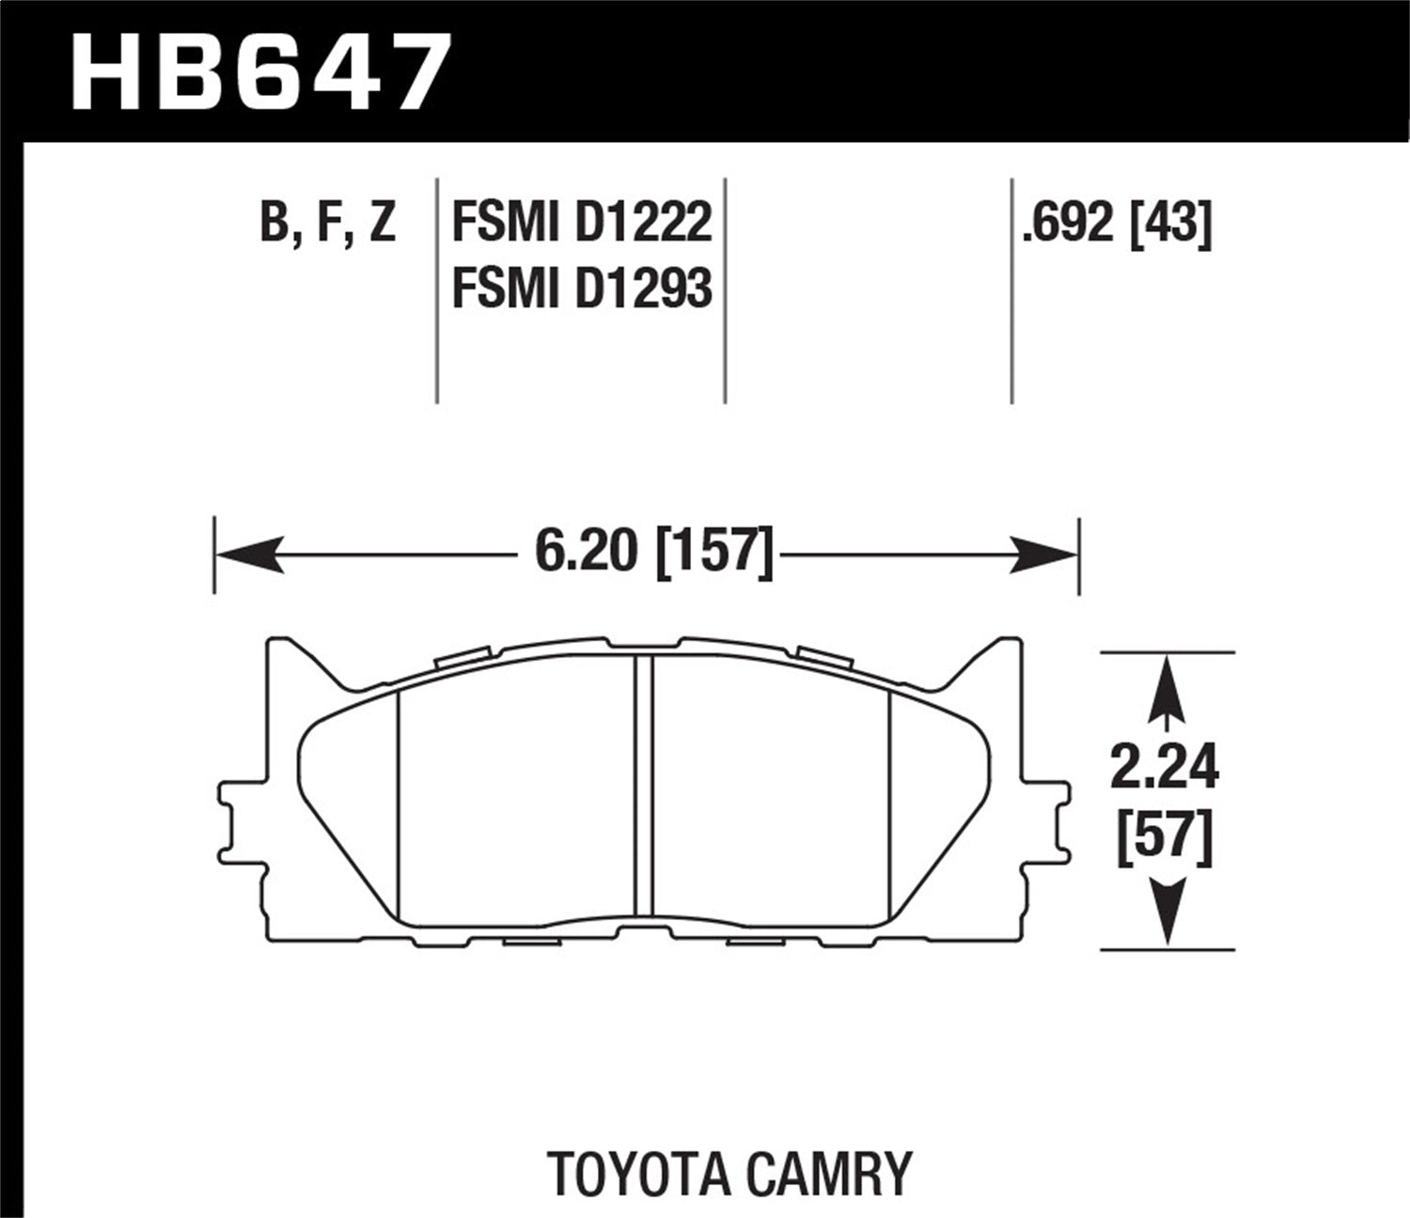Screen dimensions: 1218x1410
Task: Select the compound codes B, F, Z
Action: [328, 224]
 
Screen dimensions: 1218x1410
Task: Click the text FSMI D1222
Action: [582, 224]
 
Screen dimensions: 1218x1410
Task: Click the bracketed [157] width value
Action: [714, 550]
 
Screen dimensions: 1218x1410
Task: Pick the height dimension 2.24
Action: [1165, 768]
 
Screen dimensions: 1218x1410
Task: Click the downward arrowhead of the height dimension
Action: [1166, 916]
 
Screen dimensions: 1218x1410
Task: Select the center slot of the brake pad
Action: [644, 785]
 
